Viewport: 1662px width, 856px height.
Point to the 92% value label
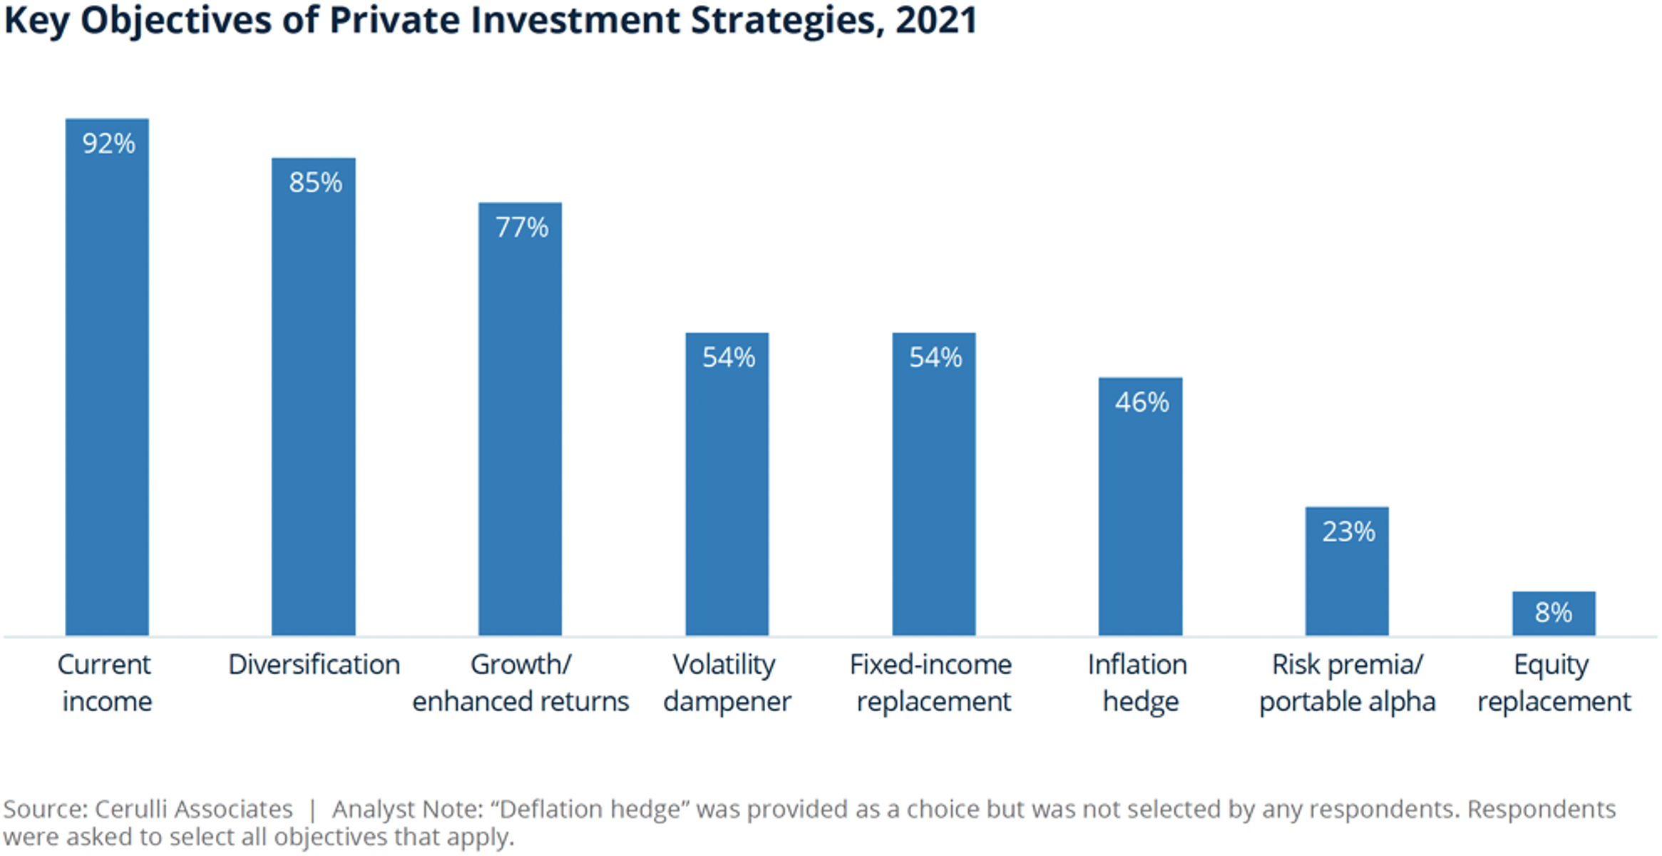[x=108, y=144]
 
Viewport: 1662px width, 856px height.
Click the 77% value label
[x=522, y=228]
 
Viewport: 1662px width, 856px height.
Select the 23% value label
[x=1348, y=532]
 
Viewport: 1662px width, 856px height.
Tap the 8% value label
[x=1554, y=613]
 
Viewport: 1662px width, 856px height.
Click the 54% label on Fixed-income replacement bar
[x=935, y=357]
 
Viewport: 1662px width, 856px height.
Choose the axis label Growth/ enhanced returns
[x=520, y=683]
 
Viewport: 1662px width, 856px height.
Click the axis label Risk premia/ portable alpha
[x=1347, y=683]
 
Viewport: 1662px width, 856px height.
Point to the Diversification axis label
[x=314, y=665]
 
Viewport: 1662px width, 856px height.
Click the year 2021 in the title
[x=936, y=20]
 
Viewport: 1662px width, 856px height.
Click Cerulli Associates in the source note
[x=193, y=810]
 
